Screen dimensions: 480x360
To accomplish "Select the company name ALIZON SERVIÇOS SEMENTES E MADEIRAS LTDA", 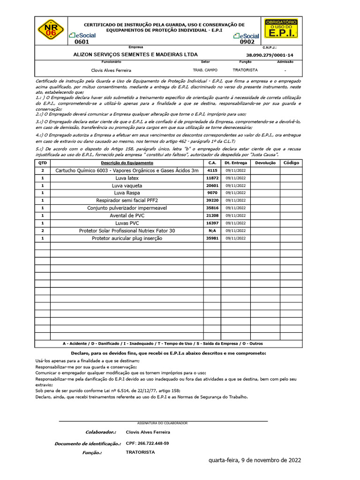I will coord(135,54).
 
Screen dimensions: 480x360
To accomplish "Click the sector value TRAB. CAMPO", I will coord(205,70).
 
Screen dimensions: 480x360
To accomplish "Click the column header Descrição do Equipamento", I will coord(127,163).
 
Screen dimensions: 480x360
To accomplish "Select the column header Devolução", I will coord(265,163).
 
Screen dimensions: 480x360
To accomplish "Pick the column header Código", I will coord(291,163).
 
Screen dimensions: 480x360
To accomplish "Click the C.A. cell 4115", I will coord(212,171).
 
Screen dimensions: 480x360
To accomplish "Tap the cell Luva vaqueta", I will coord(127,186).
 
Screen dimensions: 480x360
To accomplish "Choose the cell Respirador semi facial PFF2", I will coord(127,201).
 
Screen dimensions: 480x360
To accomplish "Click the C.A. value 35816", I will coord(212,208).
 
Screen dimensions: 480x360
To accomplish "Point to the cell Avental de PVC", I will coord(127,216).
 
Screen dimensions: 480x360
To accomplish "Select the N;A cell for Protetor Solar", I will coord(212,231).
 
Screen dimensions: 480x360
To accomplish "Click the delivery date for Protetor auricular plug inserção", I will coord(235,238).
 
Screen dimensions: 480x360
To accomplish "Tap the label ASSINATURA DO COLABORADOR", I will coord(162,423).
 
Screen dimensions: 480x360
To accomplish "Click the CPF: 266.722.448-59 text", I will coord(147,443).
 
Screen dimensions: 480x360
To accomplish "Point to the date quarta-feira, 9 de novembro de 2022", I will coord(255,460).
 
